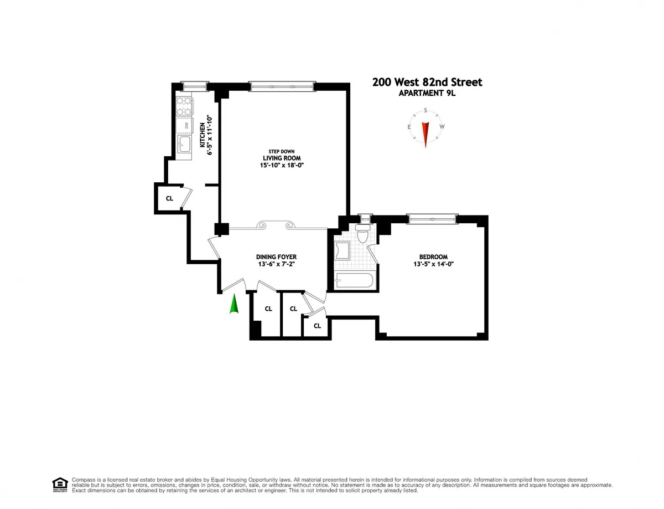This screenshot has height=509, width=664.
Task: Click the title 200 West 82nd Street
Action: click(x=427, y=82)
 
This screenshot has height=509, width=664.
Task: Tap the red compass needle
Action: click(x=426, y=132)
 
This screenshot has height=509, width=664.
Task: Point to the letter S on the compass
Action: click(x=426, y=110)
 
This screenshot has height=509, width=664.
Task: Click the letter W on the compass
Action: click(x=442, y=127)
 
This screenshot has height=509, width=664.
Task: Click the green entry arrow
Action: click(x=234, y=304)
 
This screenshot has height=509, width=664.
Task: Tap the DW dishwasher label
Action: click(x=186, y=126)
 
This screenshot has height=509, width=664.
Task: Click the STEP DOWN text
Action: click(x=282, y=151)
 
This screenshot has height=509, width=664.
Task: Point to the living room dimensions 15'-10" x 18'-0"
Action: click(x=282, y=165)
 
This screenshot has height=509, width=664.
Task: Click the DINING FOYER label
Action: click(x=276, y=257)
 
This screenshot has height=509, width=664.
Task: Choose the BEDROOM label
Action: click(x=433, y=257)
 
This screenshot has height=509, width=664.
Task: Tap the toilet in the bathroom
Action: click(x=363, y=234)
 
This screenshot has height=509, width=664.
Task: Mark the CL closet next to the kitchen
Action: click(x=169, y=198)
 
